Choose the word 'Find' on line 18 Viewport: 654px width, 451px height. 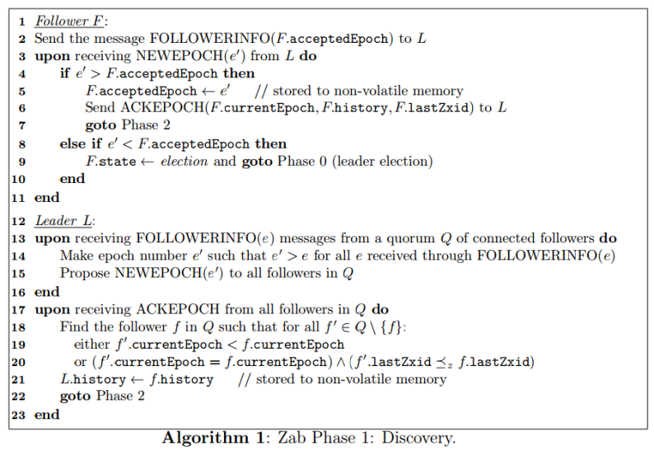tap(72, 327)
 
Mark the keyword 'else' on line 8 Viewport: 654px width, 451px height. tap(72, 143)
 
